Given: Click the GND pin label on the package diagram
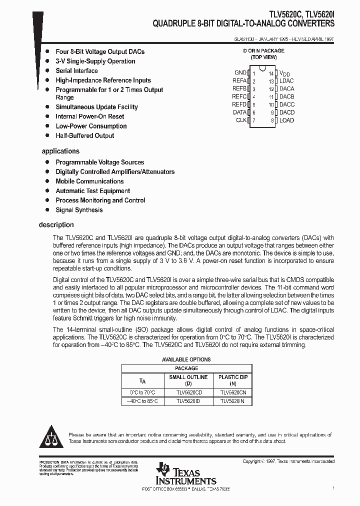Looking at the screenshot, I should pyautogui.click(x=240, y=73).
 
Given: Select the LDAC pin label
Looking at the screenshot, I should pyautogui.click(x=286, y=81).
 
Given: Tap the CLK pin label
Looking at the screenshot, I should pyautogui.click(x=241, y=120).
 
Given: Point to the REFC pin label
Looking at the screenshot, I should pyautogui.click(x=239, y=96).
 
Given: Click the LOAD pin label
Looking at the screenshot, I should pyautogui.click(x=286, y=120).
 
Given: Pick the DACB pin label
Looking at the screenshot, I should pyautogui.click(x=287, y=96).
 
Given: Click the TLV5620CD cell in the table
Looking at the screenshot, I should pyautogui.click(x=188, y=392).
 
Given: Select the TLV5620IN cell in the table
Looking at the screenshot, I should pyautogui.click(x=232, y=401).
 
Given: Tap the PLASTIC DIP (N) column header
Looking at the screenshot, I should pyautogui.click(x=232, y=380).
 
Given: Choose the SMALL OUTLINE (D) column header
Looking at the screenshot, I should pyautogui.click(x=188, y=380).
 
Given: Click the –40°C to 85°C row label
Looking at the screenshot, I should pyautogui.click(x=142, y=401).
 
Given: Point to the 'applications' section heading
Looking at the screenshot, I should pyautogui.click(x=60, y=151).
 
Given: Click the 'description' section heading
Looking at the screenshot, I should pyautogui.click(x=56, y=225).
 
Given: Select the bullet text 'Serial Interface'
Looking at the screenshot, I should pyautogui.click(x=76, y=71).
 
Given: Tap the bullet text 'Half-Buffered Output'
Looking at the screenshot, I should pyautogui.click(x=84, y=135).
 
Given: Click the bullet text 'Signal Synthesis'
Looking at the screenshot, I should pyautogui.click(x=79, y=210).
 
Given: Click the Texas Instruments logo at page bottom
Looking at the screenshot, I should pyautogui.click(x=185, y=473).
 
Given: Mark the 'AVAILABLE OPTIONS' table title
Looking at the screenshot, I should pyautogui.click(x=186, y=359).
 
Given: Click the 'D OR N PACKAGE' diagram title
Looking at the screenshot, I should pyautogui.click(x=263, y=51).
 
